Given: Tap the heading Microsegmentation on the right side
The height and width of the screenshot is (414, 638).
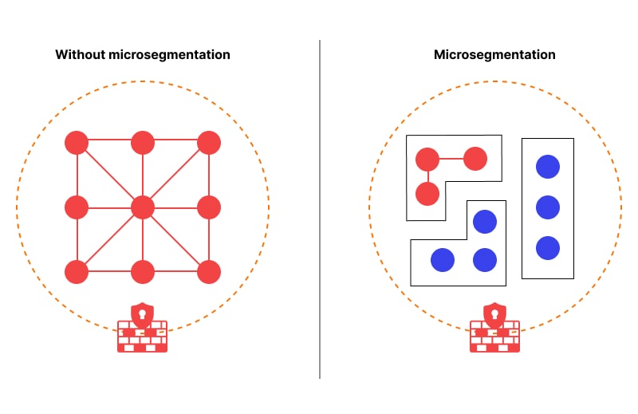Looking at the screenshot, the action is tap(494, 54).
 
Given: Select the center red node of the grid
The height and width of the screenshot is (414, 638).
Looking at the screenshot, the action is tap(143, 207).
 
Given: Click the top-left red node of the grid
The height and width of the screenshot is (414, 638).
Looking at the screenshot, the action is tap(77, 143).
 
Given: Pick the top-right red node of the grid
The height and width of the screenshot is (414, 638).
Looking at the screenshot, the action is tap(209, 143).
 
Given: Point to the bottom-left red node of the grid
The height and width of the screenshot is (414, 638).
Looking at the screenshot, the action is tap(77, 271).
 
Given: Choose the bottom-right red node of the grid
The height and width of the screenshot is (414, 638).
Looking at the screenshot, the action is tap(209, 271).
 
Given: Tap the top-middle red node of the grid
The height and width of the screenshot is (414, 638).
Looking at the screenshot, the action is tap(143, 143).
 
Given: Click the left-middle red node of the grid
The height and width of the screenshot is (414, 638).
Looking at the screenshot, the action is tap(77, 207).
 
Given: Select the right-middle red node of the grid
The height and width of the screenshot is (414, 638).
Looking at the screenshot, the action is tap(209, 207).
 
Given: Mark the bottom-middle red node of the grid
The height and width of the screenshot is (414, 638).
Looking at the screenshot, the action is tap(143, 271).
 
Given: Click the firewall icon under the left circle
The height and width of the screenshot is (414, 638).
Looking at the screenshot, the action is tap(143, 327).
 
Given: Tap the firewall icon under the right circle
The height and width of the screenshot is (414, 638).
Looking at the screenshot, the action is tap(494, 327).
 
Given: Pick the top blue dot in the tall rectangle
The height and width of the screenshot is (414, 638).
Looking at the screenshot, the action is tap(548, 167).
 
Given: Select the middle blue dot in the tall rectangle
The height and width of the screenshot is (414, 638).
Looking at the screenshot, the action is tap(548, 207).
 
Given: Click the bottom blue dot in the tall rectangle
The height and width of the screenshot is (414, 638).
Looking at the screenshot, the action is tap(548, 248).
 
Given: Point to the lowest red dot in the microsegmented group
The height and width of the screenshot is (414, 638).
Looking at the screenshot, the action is tap(427, 193).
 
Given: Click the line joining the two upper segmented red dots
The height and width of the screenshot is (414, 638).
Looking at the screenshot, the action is tap(451, 159).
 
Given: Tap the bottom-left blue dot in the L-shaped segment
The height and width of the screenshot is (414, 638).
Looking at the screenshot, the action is tap(443, 260).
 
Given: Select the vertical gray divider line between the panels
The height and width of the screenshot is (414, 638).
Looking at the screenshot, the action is tap(320, 209).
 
